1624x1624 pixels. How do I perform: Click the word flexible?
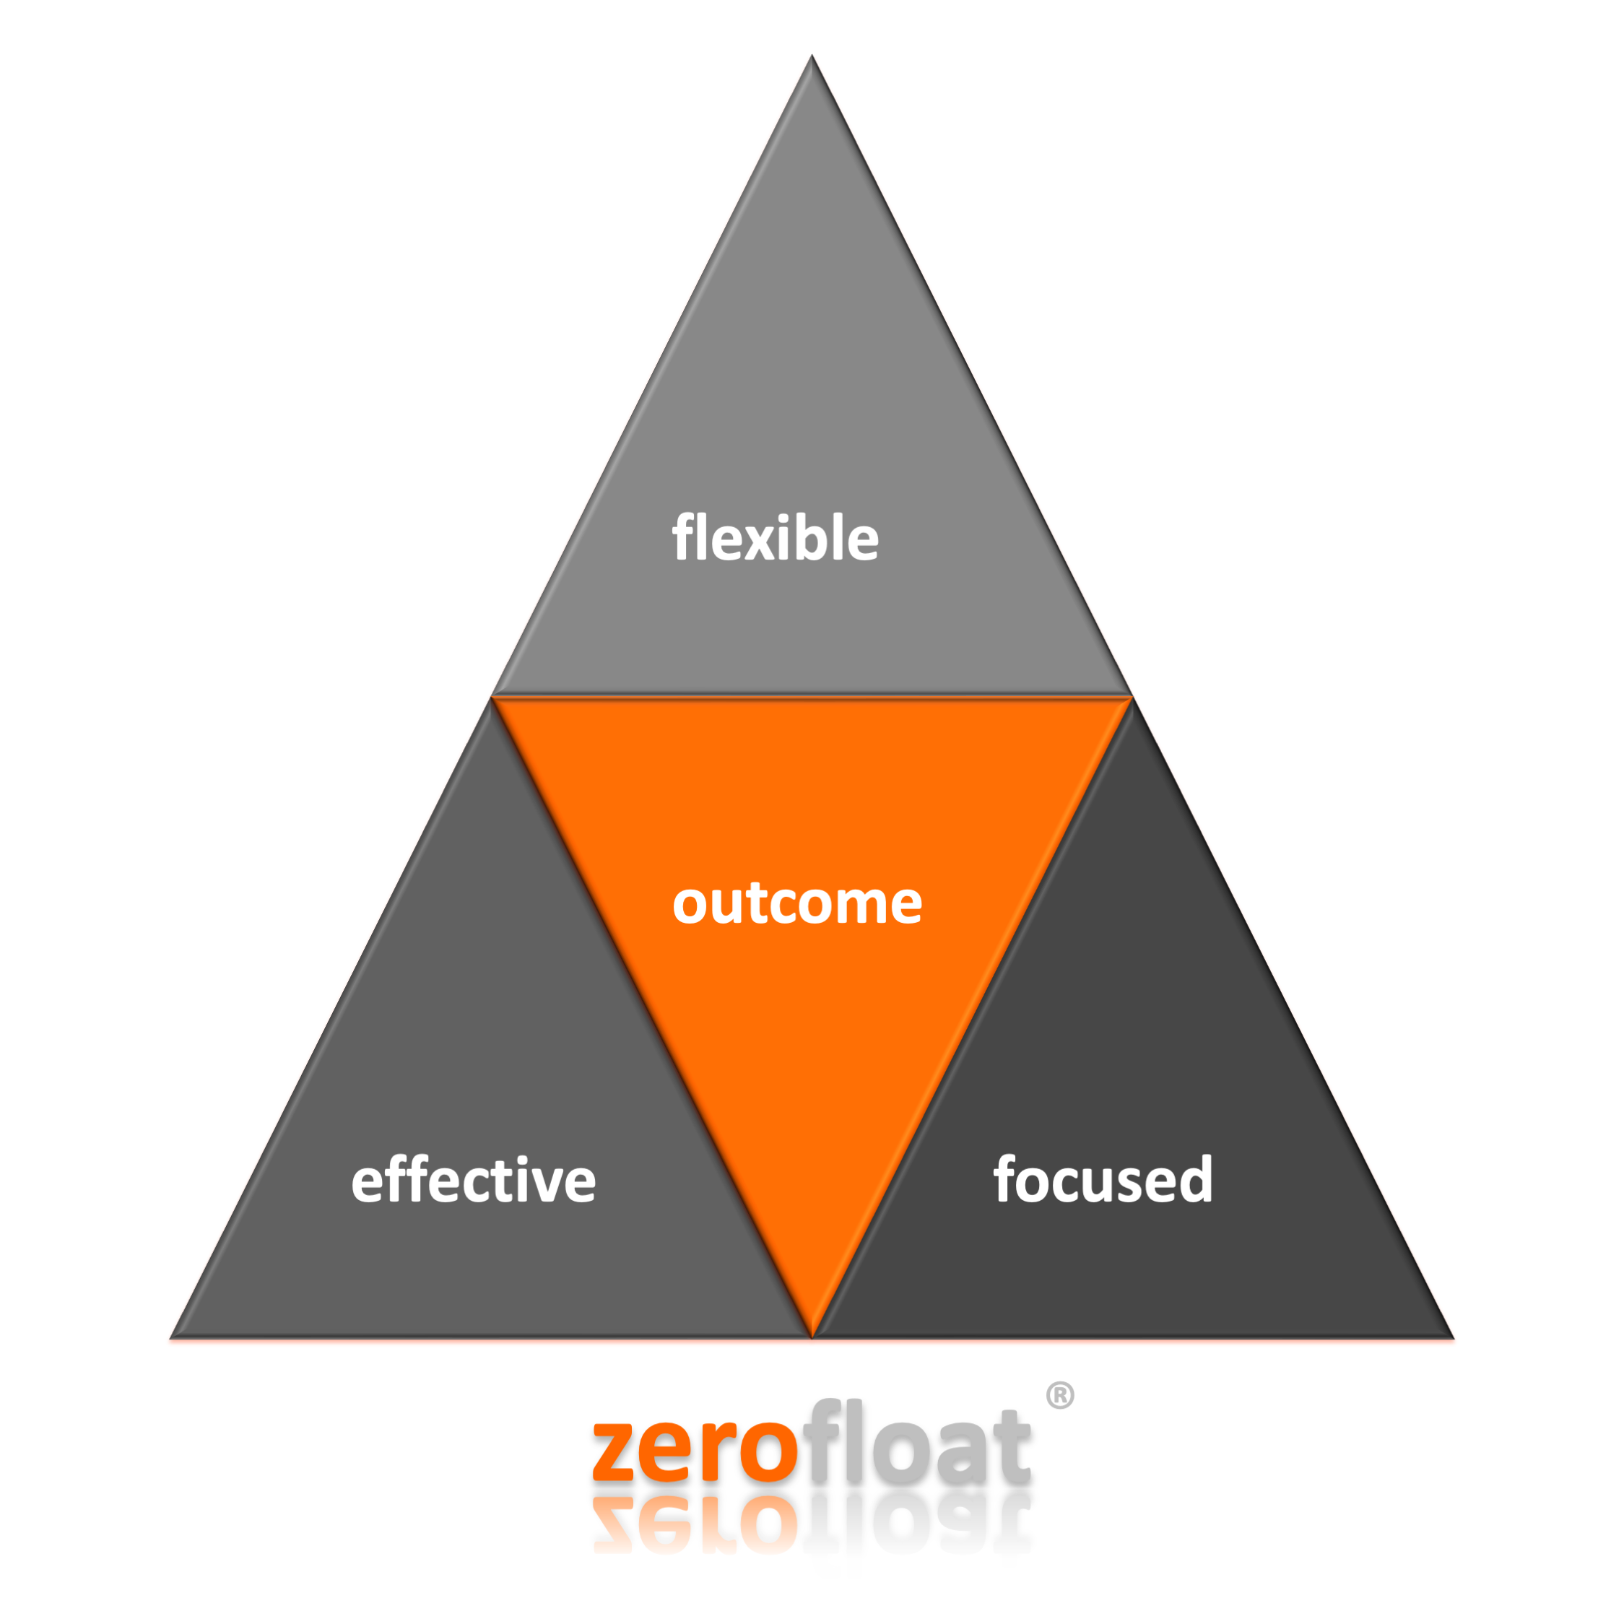point(775,538)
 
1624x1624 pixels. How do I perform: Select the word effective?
point(473,1179)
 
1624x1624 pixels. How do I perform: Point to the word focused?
point(1103,1179)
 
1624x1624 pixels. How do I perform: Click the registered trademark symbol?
point(1060,1395)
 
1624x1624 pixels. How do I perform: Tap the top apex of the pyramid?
point(811,56)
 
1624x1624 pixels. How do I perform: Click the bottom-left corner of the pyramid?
point(170,1337)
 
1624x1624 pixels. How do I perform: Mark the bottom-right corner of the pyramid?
point(1454,1337)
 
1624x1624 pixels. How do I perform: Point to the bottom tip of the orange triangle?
point(812,1336)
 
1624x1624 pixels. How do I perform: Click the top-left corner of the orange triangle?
point(492,697)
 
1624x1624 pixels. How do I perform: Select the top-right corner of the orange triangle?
point(1132,697)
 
